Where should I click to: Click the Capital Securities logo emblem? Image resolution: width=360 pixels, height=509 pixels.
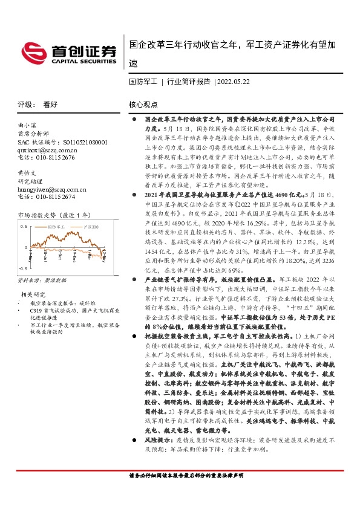pos(36,50)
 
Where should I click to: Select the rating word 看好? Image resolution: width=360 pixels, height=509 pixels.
pos(50,105)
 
